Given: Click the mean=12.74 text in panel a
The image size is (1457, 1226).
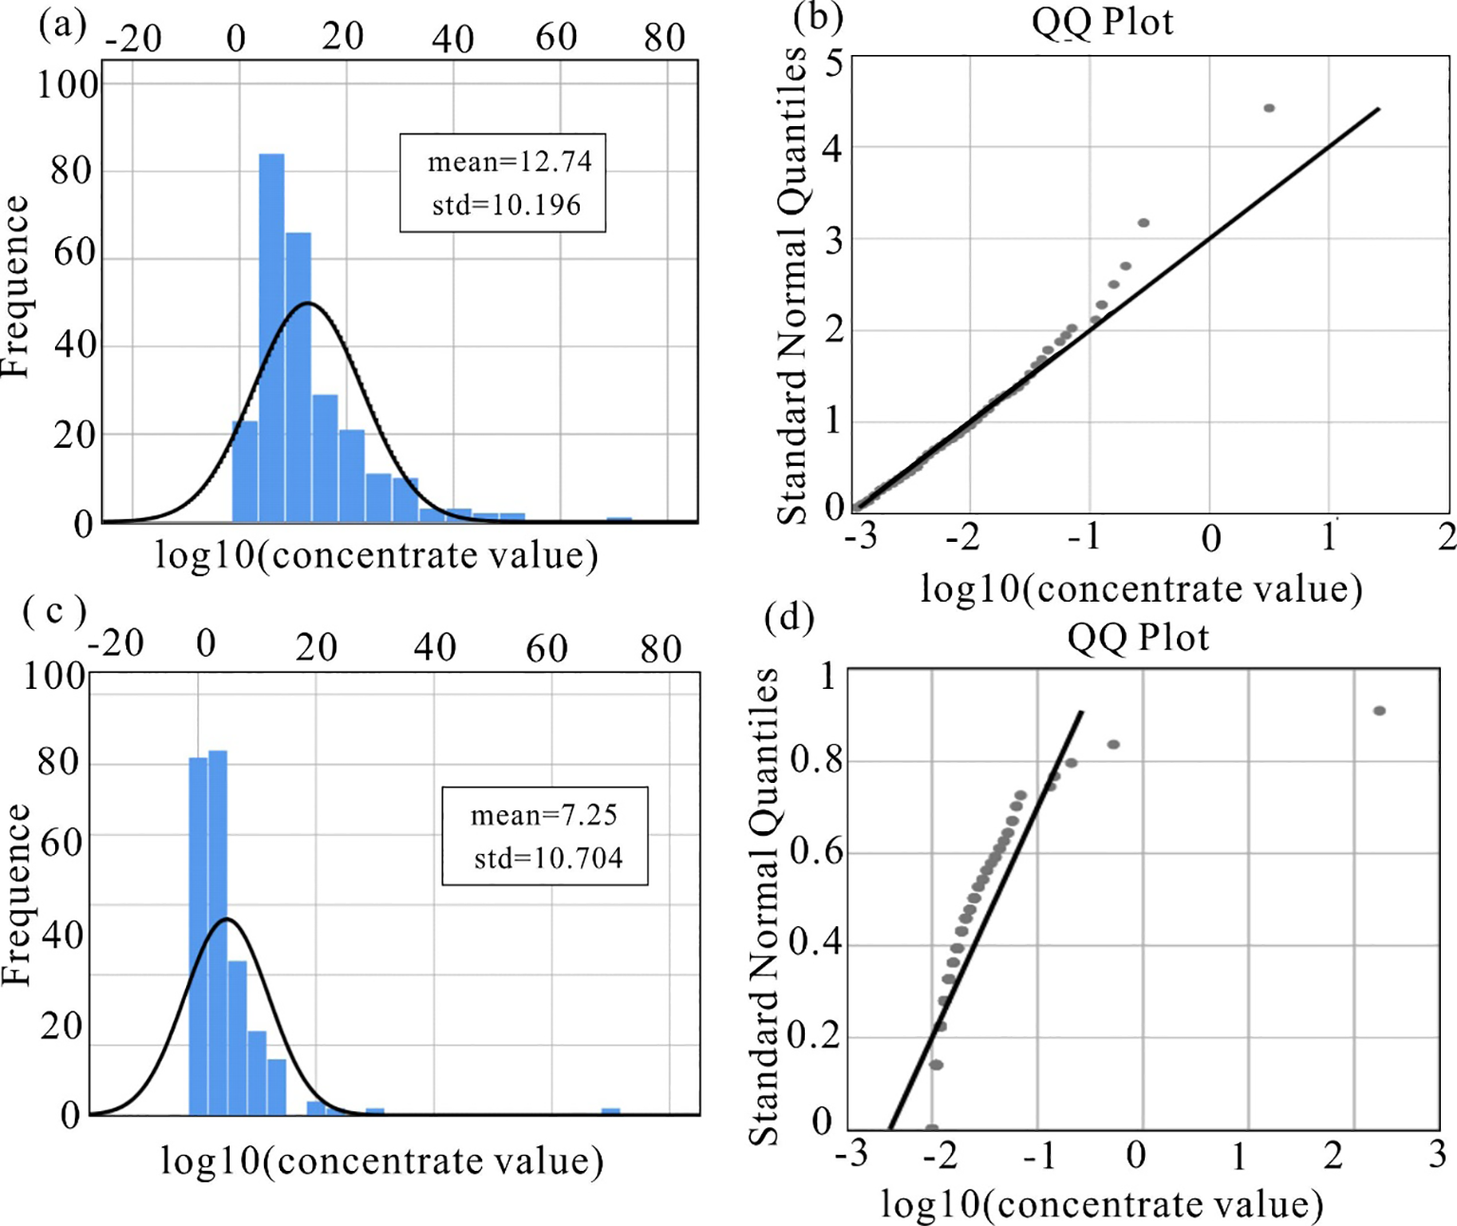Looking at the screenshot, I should tap(509, 162).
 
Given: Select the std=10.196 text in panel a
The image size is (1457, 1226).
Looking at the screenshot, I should tap(506, 205).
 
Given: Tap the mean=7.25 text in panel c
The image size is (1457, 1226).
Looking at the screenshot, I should tap(544, 815).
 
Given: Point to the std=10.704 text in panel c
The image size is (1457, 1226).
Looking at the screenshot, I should tap(549, 859).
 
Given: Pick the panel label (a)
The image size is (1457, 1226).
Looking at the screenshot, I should tap(63, 24).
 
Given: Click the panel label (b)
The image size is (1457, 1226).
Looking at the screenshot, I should tap(817, 16).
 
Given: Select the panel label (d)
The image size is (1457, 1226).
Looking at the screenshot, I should tap(789, 618).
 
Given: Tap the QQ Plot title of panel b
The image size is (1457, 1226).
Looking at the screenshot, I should tap(1102, 22).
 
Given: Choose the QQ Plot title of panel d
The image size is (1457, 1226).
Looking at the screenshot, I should tap(1138, 637).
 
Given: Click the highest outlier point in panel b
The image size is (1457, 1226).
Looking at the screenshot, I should tap(1269, 108).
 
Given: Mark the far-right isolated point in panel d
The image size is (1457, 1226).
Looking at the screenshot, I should tap(1379, 711).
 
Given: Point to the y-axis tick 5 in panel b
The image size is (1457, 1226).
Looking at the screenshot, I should tap(833, 64).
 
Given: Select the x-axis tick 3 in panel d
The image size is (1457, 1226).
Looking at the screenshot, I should tap(1437, 1154).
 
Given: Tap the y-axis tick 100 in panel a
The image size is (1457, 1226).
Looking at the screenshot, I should tap(67, 85).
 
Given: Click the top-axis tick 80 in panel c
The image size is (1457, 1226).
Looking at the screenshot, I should tap(661, 649).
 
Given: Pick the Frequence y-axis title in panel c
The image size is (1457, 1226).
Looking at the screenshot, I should tap(17, 894).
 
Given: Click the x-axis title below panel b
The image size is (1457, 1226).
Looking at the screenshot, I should tap(1141, 589).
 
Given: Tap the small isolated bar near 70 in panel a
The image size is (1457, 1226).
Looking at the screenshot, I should tap(619, 520).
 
